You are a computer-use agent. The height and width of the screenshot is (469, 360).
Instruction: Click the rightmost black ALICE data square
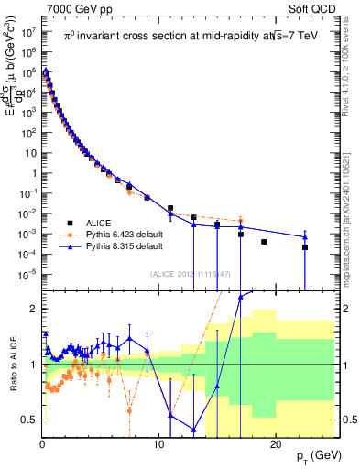(x=305, y=247)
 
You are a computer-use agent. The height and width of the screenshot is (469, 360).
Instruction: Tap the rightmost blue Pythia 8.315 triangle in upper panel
(x=305, y=237)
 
